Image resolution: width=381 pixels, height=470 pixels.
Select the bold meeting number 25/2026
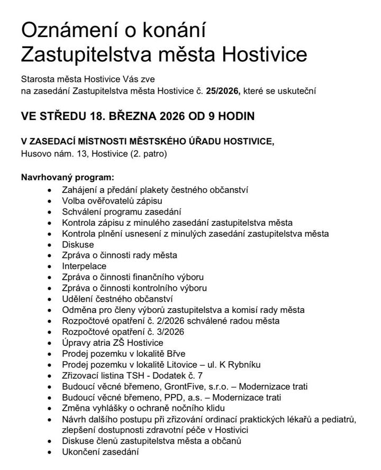click(x=223, y=91)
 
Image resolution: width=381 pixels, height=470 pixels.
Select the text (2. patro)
click(x=149, y=153)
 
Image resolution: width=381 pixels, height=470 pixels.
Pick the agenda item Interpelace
click(x=84, y=266)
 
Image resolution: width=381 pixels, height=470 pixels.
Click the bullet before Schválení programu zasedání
click(x=50, y=211)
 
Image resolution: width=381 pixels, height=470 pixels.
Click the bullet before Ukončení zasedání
click(x=50, y=452)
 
